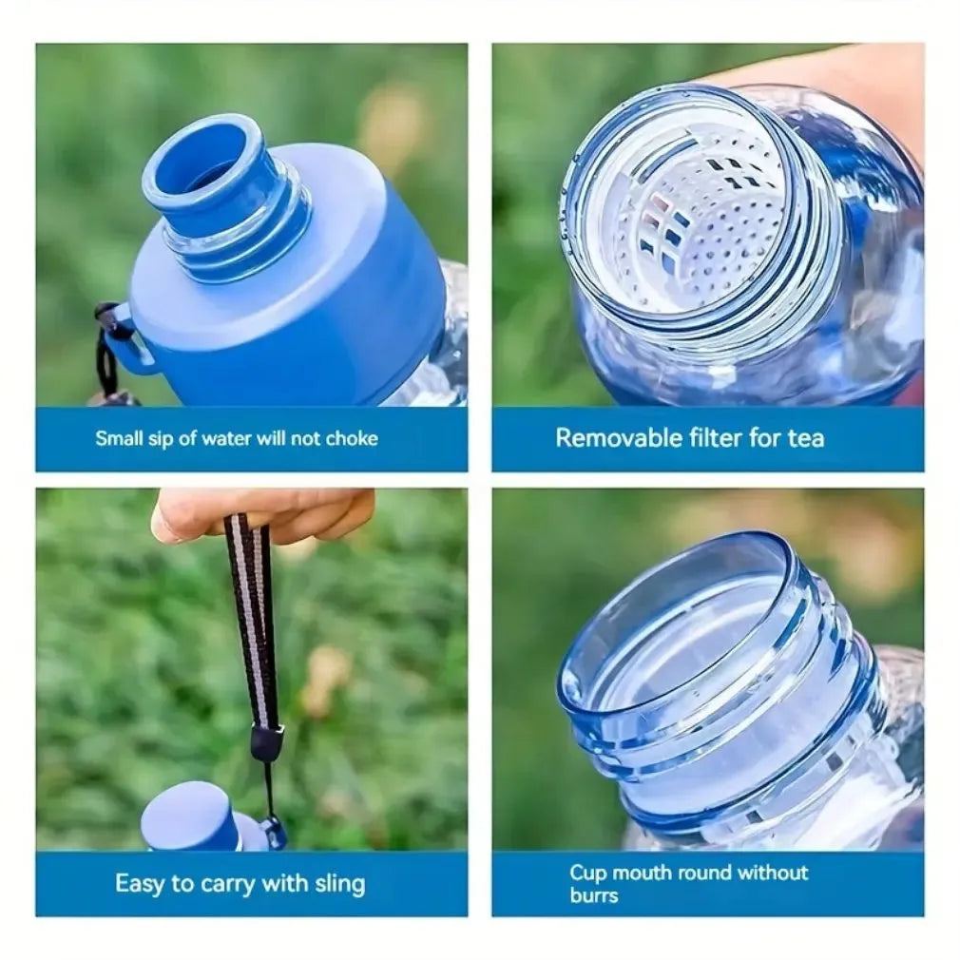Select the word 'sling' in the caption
click(x=339, y=884)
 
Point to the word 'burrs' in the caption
click(x=593, y=895)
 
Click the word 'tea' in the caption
click(x=806, y=438)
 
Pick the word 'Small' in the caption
click(x=119, y=438)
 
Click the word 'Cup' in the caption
click(x=587, y=874)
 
